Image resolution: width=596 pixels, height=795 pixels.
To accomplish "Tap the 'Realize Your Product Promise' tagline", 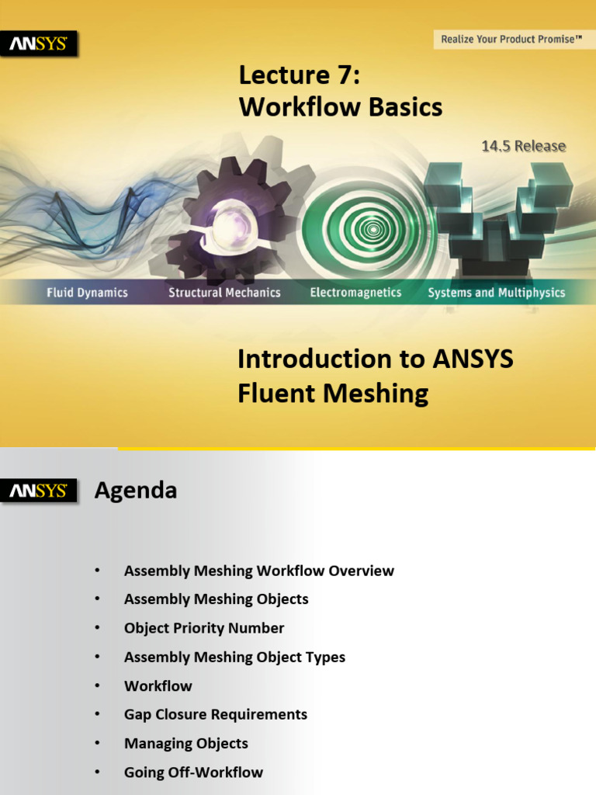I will [x=511, y=39].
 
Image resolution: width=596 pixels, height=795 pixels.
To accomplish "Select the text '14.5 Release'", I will [x=523, y=146].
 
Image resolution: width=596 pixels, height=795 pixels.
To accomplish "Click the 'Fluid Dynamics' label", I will [x=87, y=293].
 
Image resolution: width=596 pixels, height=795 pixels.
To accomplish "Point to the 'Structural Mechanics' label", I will [x=224, y=293].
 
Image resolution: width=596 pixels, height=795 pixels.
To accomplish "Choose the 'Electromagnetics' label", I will [x=355, y=293].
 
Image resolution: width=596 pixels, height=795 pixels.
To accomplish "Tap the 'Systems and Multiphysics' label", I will [x=496, y=293].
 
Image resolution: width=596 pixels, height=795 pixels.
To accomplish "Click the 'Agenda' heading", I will [x=135, y=491].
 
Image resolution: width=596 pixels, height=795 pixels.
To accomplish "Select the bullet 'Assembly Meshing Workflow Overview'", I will [x=258, y=571].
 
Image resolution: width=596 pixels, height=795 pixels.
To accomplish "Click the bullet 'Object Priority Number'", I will [x=204, y=628].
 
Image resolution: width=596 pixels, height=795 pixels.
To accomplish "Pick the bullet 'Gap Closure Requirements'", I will [x=216, y=714].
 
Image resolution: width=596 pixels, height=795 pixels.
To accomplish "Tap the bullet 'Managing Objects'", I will [x=186, y=743].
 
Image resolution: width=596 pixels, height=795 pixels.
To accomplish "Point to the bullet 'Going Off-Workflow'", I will [x=193, y=772].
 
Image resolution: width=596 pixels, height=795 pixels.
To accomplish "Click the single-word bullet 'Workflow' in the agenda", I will [x=158, y=686].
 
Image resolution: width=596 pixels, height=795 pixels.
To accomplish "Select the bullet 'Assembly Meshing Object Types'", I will [x=234, y=657].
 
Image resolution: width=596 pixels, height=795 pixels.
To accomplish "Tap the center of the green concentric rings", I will [x=373, y=229].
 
